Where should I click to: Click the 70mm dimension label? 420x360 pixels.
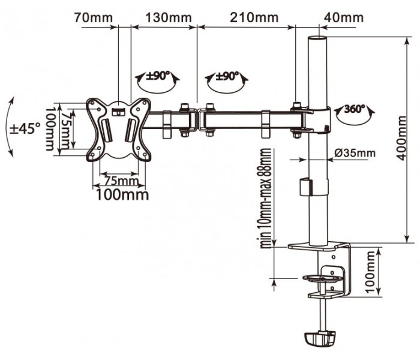point(93,18)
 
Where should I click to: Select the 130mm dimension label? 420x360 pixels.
point(169,18)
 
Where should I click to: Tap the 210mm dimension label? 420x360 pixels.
point(254,17)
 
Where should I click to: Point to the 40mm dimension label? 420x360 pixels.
point(344,17)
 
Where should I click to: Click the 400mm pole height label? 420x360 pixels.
point(401,138)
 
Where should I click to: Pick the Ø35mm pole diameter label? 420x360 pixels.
point(355,153)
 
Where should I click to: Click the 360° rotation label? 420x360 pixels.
point(354,109)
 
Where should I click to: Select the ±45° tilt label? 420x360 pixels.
point(25,128)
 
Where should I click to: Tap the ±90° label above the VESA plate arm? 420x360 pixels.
point(158,76)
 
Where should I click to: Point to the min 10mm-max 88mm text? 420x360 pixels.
point(266,198)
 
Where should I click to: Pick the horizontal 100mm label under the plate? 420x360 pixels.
point(122,194)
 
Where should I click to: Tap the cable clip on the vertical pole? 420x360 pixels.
point(306,187)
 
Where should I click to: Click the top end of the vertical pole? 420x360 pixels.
point(317,37)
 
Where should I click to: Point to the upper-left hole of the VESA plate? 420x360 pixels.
point(92,103)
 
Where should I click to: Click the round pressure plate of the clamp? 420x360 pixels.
point(323,278)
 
